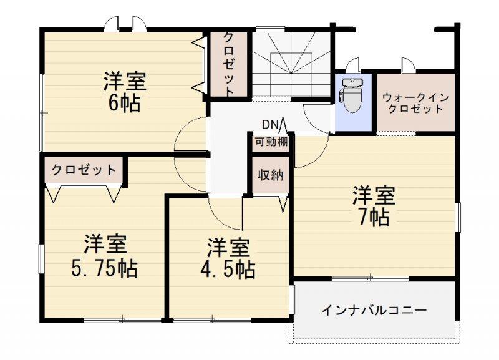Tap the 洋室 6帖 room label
[124, 92]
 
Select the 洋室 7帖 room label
[374, 206]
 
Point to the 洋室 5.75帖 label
[104, 256]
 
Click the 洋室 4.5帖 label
[228, 258]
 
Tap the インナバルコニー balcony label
[374, 310]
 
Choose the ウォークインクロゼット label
[415, 103]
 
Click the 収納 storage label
[271, 175]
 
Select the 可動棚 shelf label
[271, 142]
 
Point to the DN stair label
[270, 124]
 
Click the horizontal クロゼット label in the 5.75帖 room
[84, 170]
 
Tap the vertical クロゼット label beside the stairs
[228, 64]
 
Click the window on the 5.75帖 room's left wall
[41, 258]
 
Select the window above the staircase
[270, 29]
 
